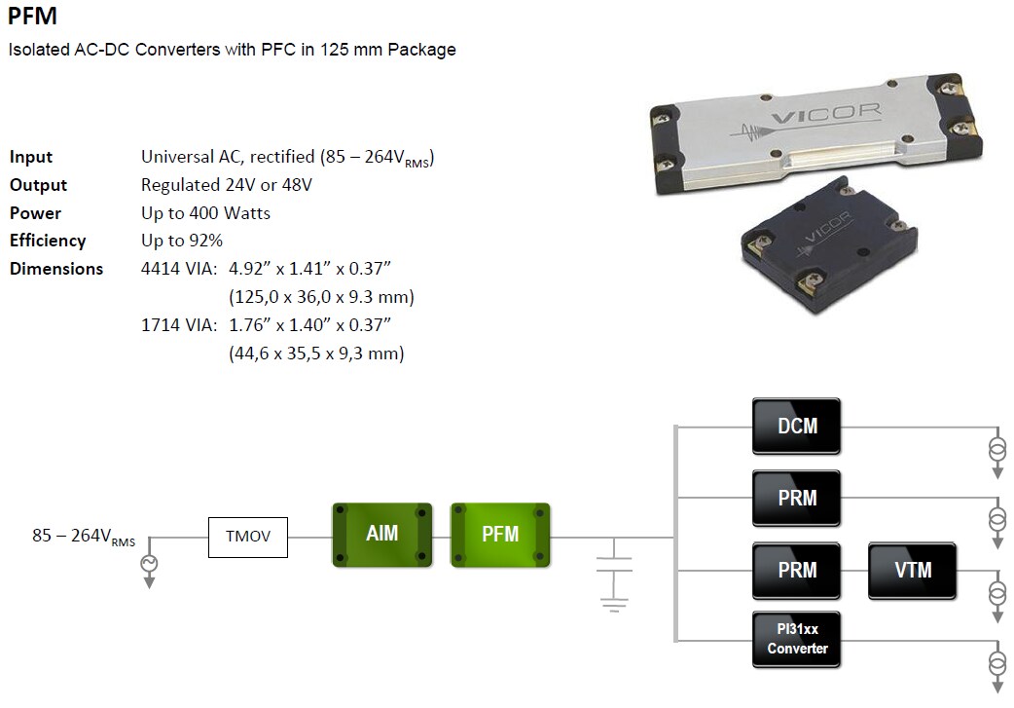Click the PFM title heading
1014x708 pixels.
[x=32, y=17]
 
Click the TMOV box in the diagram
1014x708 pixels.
[x=248, y=537]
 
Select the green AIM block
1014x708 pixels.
[x=380, y=535]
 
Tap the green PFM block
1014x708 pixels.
[x=500, y=535]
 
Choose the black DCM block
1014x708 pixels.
[x=796, y=426]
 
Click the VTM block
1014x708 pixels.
[x=913, y=571]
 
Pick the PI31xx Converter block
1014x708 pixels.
[x=796, y=639]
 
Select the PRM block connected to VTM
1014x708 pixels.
[x=796, y=571]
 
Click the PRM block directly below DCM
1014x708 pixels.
[x=796, y=498]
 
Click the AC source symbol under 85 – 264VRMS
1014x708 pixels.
[x=150, y=565]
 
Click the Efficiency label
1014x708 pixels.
[x=48, y=241]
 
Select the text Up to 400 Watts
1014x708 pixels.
[x=205, y=213]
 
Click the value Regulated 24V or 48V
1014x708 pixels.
[x=227, y=185]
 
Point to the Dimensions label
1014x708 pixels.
[x=56, y=269]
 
